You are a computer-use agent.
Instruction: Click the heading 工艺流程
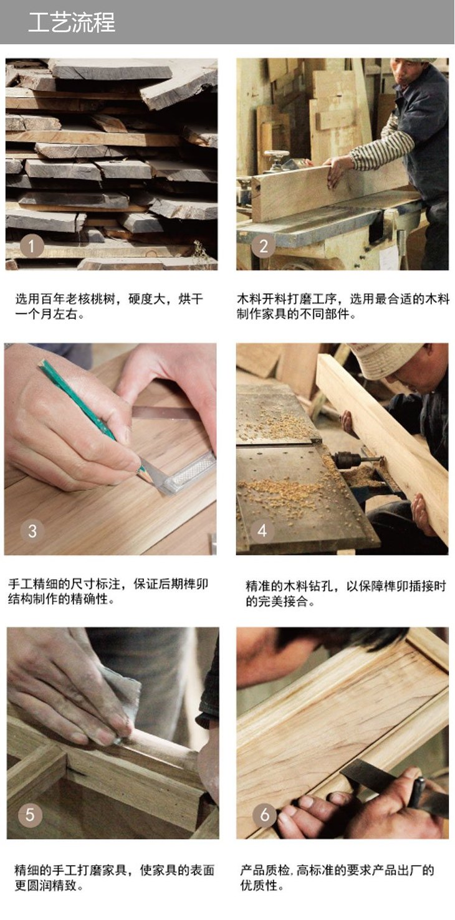pyautogui.click(x=72, y=22)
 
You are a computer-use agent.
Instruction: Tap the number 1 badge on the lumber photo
pyautogui.click(x=32, y=247)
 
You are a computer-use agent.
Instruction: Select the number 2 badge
pyautogui.click(x=263, y=247)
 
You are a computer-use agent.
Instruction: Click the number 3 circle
pyautogui.click(x=32, y=531)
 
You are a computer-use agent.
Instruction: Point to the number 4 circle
pyautogui.click(x=262, y=531)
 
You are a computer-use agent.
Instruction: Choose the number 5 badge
pyautogui.click(x=30, y=815)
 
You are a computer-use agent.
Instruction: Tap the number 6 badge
pyautogui.click(x=264, y=815)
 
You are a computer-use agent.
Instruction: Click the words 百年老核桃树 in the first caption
pyautogui.click(x=78, y=298)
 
